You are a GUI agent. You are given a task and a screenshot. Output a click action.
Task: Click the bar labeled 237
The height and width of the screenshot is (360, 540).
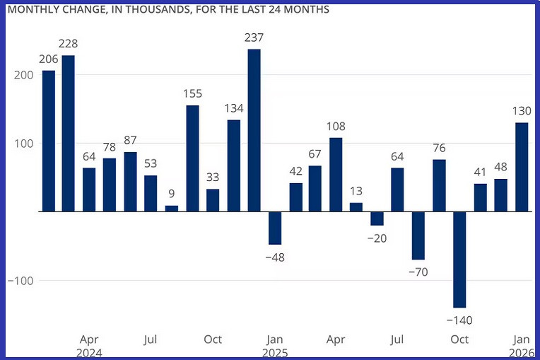254,130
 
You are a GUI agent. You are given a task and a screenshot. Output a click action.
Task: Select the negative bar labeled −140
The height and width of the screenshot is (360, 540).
460,259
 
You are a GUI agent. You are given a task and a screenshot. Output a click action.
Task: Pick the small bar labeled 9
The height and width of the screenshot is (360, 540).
172,208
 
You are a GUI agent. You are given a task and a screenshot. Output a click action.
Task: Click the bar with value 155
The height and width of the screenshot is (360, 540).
192,158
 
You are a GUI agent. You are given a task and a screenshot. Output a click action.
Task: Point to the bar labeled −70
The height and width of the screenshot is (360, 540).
418,236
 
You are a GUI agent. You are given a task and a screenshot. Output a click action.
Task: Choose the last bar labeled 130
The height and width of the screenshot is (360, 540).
522,167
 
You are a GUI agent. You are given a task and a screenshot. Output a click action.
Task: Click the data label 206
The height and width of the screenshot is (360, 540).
48,59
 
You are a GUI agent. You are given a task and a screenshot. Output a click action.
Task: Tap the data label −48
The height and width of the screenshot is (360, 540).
275,257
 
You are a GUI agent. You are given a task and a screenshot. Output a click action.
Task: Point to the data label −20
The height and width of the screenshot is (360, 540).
377,238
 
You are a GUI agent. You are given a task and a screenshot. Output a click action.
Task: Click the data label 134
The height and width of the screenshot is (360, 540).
234,108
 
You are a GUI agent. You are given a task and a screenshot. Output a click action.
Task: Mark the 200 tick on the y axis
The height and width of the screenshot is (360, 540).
23,75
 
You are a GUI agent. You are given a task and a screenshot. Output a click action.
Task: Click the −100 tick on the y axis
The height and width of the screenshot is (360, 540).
20,281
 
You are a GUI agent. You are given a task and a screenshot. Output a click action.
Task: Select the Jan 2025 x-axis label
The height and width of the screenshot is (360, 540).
275,345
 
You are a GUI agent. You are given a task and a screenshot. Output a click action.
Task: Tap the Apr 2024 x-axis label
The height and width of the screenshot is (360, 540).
90,345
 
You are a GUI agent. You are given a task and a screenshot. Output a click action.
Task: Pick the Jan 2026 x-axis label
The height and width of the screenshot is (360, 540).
522,345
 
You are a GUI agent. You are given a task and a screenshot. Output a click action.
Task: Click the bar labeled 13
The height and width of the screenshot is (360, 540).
357,207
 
